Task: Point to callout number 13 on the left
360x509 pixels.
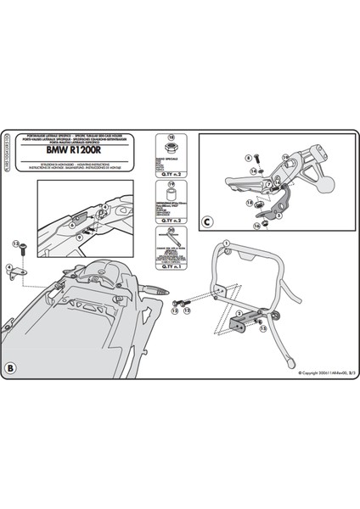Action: [14, 243]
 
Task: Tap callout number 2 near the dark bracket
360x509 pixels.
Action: [239, 315]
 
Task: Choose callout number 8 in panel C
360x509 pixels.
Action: [224, 158]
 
